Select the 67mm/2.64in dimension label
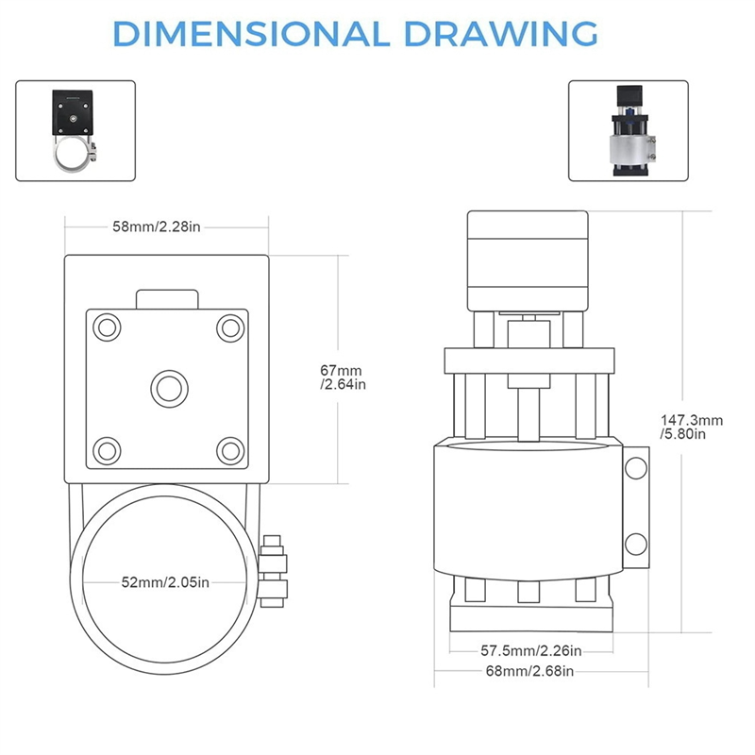pyautogui.click(x=342, y=377)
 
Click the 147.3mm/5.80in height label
pyautogui.click(x=691, y=427)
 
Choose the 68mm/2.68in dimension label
pyautogui.click(x=528, y=671)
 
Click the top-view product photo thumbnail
pyautogui.click(x=75, y=130)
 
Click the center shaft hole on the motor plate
pyautogui.click(x=168, y=387)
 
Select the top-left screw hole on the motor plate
pyautogui.click(x=108, y=327)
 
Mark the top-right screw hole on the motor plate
pyautogui.click(x=228, y=327)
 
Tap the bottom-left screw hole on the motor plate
pyautogui.click(x=108, y=447)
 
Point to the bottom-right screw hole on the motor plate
pyautogui.click(x=228, y=447)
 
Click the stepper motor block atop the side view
pyautogui.click(x=528, y=260)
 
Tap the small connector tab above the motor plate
pyautogui.click(x=168, y=298)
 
